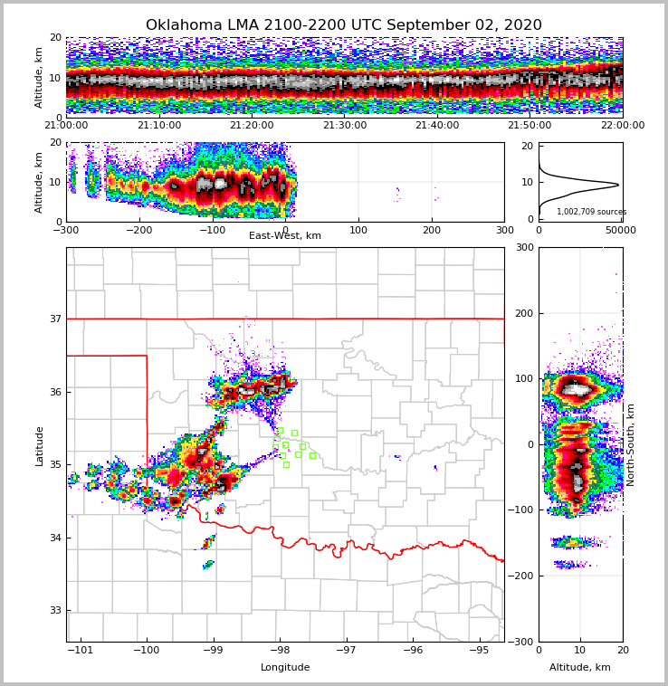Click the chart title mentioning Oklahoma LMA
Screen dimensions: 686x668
click(x=344, y=25)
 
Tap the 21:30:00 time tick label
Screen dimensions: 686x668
click(x=345, y=126)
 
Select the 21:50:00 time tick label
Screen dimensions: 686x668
click(x=530, y=126)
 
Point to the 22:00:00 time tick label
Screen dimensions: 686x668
click(x=623, y=126)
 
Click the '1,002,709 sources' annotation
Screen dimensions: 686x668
click(x=591, y=212)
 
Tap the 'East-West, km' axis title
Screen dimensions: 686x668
click(x=285, y=236)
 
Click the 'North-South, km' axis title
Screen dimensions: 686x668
click(x=631, y=444)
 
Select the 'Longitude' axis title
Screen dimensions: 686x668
click(x=285, y=668)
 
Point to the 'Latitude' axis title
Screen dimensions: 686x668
click(x=39, y=445)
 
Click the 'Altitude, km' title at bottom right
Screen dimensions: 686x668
click(x=580, y=668)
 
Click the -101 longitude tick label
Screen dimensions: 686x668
click(x=81, y=651)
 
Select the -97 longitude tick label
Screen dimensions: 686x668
click(x=346, y=651)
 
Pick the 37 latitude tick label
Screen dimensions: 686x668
click(x=54, y=319)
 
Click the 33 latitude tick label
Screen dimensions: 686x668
click(x=54, y=611)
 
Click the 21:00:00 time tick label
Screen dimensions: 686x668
click(x=66, y=126)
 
